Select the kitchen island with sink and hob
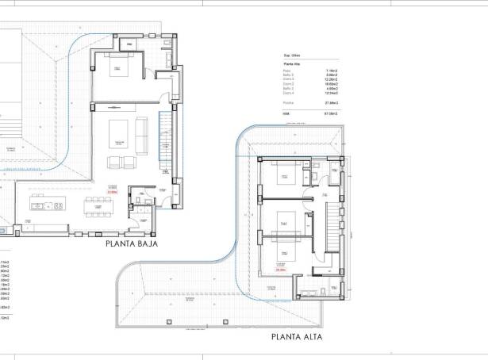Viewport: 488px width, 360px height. click(48, 205)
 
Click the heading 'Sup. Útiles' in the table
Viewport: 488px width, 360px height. click(292, 55)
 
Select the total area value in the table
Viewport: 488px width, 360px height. click(332, 113)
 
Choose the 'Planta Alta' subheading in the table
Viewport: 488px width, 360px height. click(292, 63)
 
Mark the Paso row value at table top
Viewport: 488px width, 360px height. click(332, 71)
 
